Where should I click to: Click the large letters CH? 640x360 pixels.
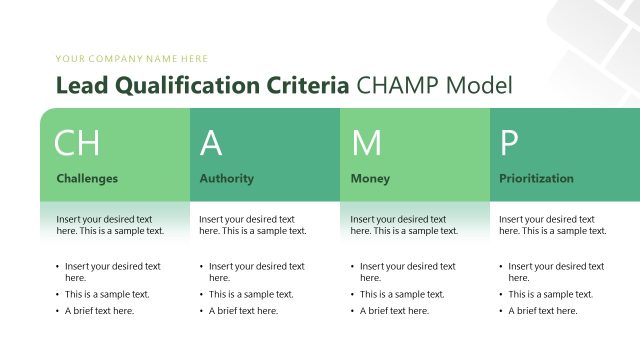[76, 143]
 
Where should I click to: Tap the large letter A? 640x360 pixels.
[211, 143]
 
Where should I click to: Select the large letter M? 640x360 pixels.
[366, 143]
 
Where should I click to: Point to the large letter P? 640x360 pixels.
[509, 143]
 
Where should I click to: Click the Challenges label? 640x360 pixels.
[87, 179]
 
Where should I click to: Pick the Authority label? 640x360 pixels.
[227, 179]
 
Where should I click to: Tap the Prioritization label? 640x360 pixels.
[537, 179]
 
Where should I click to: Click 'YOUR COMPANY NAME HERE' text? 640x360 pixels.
[132, 59]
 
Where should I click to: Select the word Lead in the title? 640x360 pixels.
[80, 86]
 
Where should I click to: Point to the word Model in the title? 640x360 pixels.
[479, 86]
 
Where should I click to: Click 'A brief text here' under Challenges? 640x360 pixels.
[100, 311]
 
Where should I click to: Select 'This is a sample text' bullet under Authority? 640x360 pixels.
[251, 295]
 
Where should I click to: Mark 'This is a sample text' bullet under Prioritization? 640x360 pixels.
[551, 295]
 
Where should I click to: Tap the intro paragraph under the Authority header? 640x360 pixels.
[253, 225]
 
